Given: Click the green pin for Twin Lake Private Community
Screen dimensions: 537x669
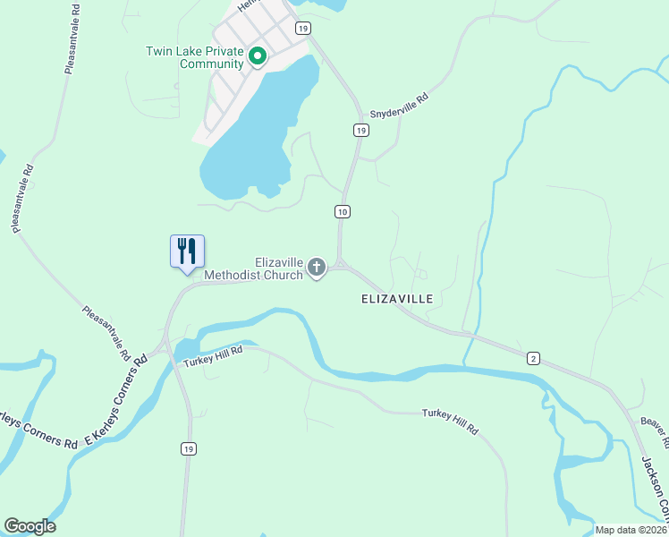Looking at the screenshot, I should click(258, 57).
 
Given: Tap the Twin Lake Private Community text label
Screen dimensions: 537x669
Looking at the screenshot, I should click(195, 57).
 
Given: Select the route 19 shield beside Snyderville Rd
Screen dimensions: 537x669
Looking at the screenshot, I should click(360, 131).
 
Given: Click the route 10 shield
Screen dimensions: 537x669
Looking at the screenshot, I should click(343, 211).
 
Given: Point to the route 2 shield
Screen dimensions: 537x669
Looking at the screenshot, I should click(533, 358).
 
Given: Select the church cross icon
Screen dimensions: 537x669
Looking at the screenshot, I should click(317, 268).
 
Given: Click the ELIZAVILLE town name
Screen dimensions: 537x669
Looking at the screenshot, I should click(397, 297).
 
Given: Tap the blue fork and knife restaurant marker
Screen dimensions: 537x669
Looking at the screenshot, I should click(188, 250).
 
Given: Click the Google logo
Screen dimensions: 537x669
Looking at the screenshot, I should click(30, 526).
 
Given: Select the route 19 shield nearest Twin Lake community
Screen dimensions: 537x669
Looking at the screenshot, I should click(303, 29).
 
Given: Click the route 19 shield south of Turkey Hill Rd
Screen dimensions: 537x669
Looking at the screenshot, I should click(187, 448).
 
